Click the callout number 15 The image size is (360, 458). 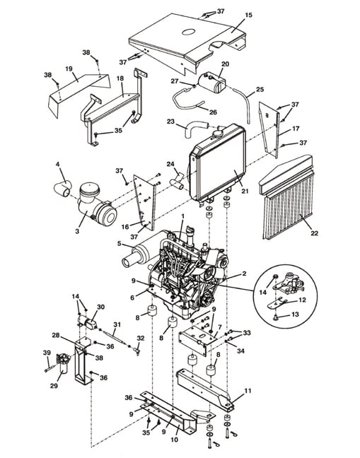coord(248,15)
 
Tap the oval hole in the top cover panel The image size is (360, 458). coord(189,32)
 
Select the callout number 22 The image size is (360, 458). coord(315,233)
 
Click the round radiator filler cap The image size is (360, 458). coord(219,133)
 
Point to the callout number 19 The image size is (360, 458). coord(69,69)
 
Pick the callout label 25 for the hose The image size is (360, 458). coord(260,89)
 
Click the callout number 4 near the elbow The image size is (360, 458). coord(57,165)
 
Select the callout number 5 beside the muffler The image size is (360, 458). coord(120,243)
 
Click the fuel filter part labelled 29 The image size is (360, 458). coord(63,364)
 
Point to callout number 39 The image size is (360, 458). coord(47,353)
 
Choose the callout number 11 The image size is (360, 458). coord(248,391)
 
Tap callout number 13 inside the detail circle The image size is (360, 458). coord(295,315)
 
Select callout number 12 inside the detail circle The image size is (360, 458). coord(302,300)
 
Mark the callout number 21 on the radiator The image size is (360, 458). coord(245,191)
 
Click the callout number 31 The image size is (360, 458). coord(117,324)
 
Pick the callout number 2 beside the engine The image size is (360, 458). coord(244,274)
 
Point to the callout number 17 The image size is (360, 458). coord(296,128)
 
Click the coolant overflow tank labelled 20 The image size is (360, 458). coord(211,83)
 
